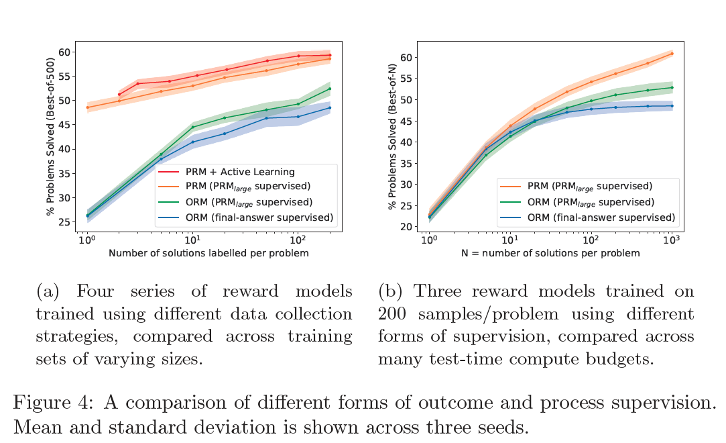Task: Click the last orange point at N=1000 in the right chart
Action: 672,54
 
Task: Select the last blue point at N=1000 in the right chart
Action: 672,105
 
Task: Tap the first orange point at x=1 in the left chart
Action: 87,107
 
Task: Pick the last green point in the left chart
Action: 330,89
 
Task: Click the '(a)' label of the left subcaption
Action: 49,292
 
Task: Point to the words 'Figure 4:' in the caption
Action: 45,403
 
